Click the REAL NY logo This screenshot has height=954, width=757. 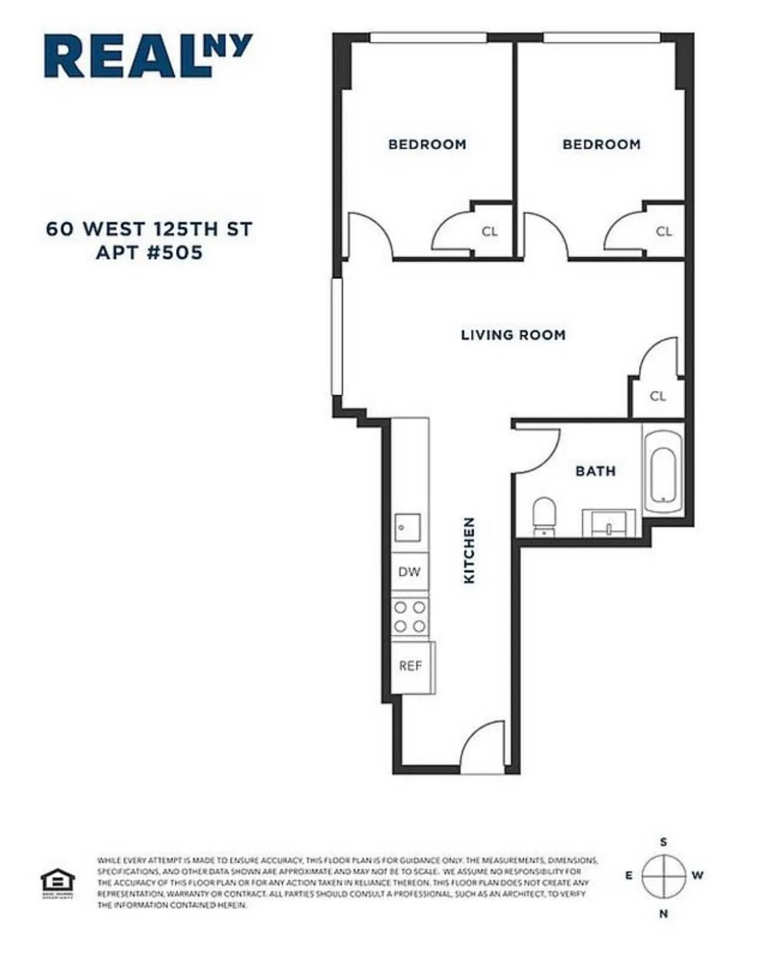[x=148, y=56]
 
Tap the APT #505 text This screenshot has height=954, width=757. [x=149, y=253]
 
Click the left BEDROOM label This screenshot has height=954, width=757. [x=427, y=144]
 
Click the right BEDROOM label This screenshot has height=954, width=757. [x=601, y=144]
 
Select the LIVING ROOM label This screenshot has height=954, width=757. [x=513, y=335]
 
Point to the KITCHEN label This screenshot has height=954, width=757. [x=469, y=550]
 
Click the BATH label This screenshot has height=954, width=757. [x=596, y=471]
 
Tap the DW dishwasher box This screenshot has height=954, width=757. [x=410, y=572]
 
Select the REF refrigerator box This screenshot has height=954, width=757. [x=411, y=666]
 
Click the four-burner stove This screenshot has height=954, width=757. [x=410, y=617]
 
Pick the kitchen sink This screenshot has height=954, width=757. [x=408, y=528]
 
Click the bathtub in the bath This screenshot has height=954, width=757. [x=663, y=474]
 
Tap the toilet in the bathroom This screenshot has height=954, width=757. [x=544, y=515]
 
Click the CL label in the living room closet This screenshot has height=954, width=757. [x=658, y=396]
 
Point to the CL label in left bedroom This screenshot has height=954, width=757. [x=489, y=231]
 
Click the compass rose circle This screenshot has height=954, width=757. [x=664, y=875]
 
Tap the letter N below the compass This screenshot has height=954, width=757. [x=664, y=914]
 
